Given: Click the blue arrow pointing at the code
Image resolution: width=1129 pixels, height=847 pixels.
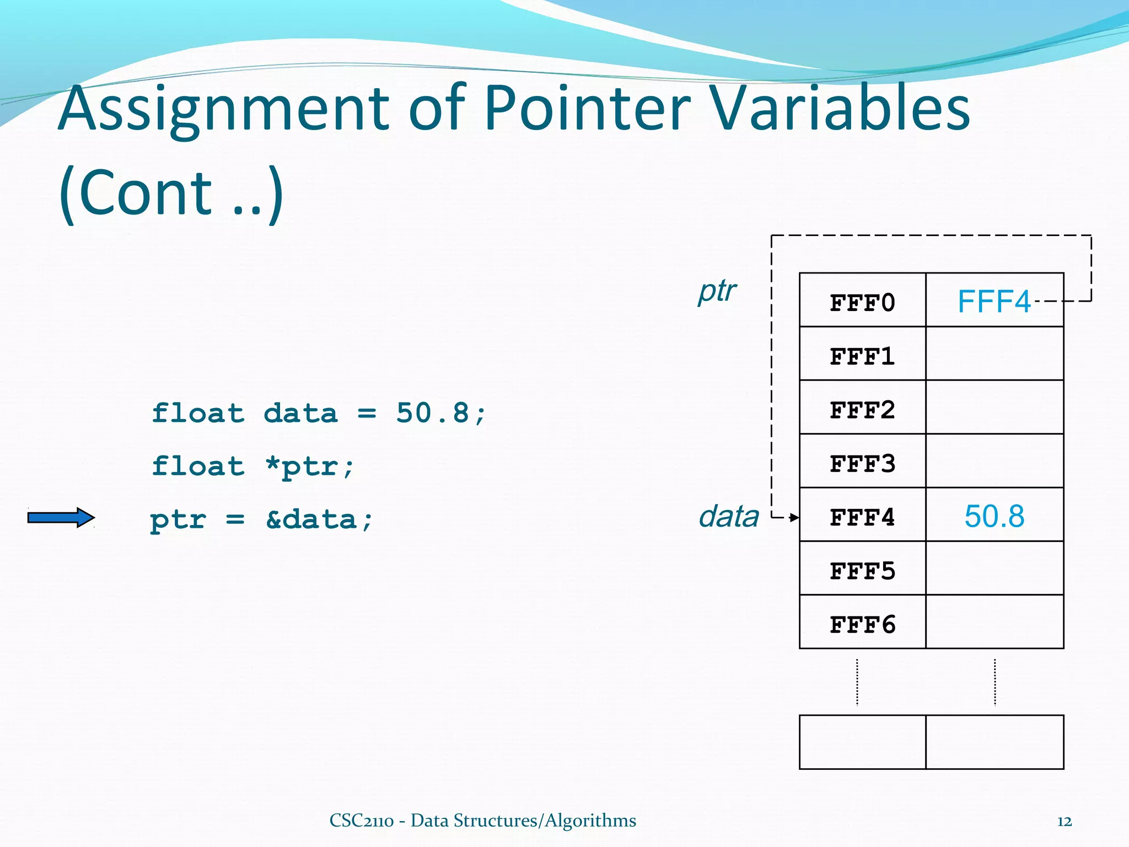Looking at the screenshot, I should pyautogui.click(x=61, y=517).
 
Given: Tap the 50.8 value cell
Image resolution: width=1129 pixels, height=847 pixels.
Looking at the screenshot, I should pyautogui.click(x=994, y=516).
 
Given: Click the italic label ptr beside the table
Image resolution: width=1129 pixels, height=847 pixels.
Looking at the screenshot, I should pyautogui.click(x=717, y=291).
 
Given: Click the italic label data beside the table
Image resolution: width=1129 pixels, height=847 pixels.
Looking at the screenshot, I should pyautogui.click(x=728, y=516).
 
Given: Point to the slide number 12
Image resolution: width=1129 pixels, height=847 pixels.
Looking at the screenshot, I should pyautogui.click(x=1064, y=822).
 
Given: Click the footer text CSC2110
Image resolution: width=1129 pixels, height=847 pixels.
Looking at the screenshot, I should pyautogui.click(x=361, y=821).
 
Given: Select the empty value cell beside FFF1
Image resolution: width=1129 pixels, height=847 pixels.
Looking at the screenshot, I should pyautogui.click(x=994, y=353).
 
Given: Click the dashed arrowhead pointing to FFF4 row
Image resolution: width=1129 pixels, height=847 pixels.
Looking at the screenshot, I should pyautogui.click(x=794, y=517).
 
